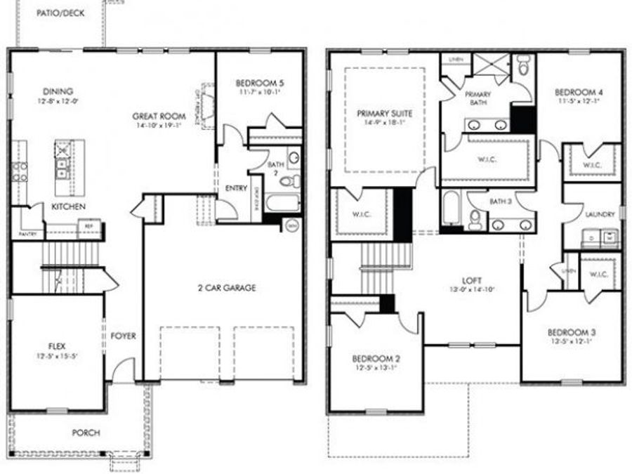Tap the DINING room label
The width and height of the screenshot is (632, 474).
pos(58,91)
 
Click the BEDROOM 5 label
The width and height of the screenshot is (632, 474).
pos(259,83)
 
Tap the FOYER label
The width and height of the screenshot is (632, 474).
pos(123,336)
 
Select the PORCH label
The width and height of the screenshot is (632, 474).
pos(86,433)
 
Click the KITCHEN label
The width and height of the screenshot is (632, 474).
pos(69,206)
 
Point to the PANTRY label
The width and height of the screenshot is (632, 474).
pos(27,233)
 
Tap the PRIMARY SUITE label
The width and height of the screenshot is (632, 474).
pos(384,112)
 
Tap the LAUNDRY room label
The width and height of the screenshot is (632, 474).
pos(600,214)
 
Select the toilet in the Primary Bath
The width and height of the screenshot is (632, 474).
pos(523,68)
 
